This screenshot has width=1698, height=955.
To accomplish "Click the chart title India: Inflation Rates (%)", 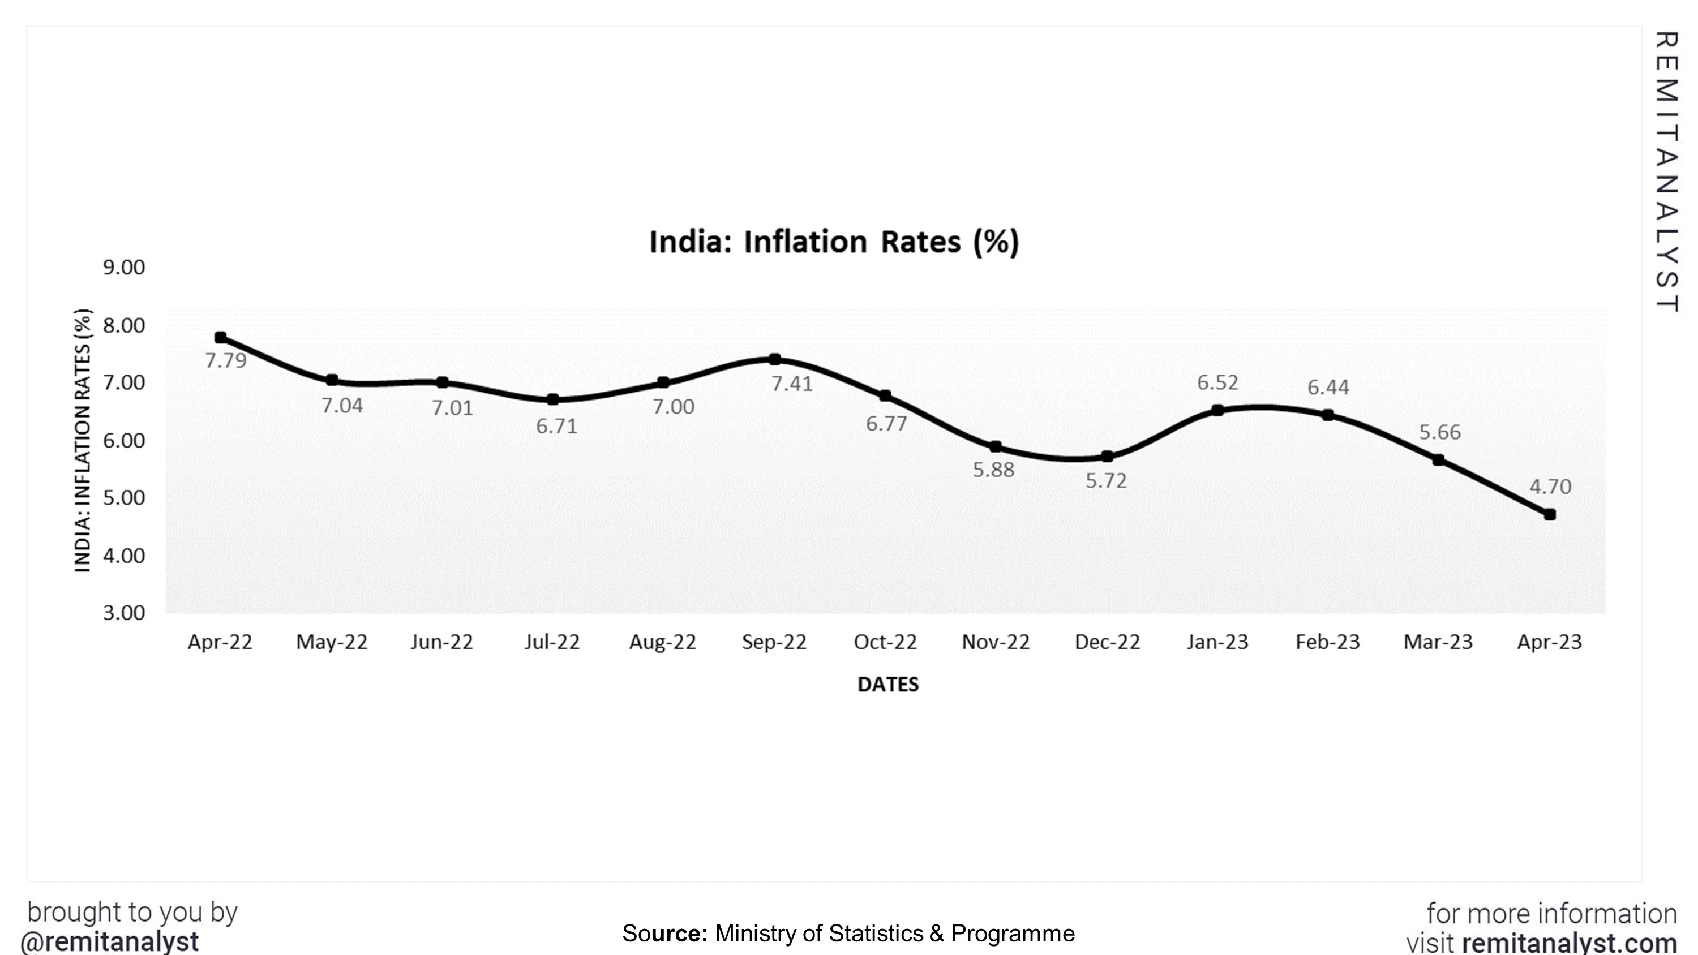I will [834, 242].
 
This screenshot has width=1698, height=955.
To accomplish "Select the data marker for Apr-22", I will [221, 337].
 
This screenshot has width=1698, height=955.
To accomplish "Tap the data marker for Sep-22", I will [775, 359].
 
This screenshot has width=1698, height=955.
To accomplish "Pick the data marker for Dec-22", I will [1108, 456].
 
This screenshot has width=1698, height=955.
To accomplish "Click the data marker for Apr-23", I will [1550, 514].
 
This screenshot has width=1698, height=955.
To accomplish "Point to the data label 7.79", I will [225, 361].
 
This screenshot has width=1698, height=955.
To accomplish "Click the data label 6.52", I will [1217, 382].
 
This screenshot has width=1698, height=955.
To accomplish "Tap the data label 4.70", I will [1550, 487].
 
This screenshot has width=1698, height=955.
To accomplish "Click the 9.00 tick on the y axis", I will [124, 268].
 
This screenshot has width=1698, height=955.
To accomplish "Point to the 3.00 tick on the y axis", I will [124, 613].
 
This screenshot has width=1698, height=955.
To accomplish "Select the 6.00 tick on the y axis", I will [124, 440].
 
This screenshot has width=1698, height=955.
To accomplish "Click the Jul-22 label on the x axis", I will [552, 642].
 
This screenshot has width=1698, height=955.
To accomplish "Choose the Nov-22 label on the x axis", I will [996, 642].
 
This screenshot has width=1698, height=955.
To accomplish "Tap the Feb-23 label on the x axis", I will [1327, 642].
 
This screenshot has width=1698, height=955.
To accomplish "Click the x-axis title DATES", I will [888, 684].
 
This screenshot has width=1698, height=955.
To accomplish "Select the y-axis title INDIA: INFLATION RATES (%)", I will [83, 440].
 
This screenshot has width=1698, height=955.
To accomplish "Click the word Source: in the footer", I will [664, 934].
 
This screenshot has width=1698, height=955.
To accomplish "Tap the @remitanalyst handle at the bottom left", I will [109, 941].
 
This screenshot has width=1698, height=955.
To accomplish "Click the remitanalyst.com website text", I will [1569, 943].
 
